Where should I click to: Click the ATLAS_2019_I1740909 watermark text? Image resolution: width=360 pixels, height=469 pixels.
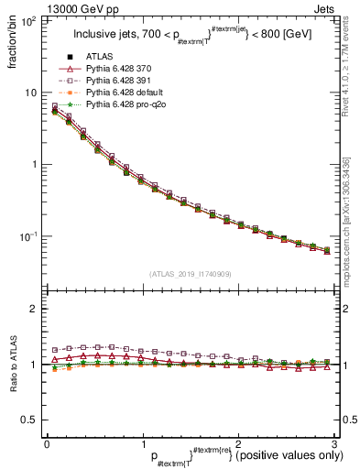point(190,274)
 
